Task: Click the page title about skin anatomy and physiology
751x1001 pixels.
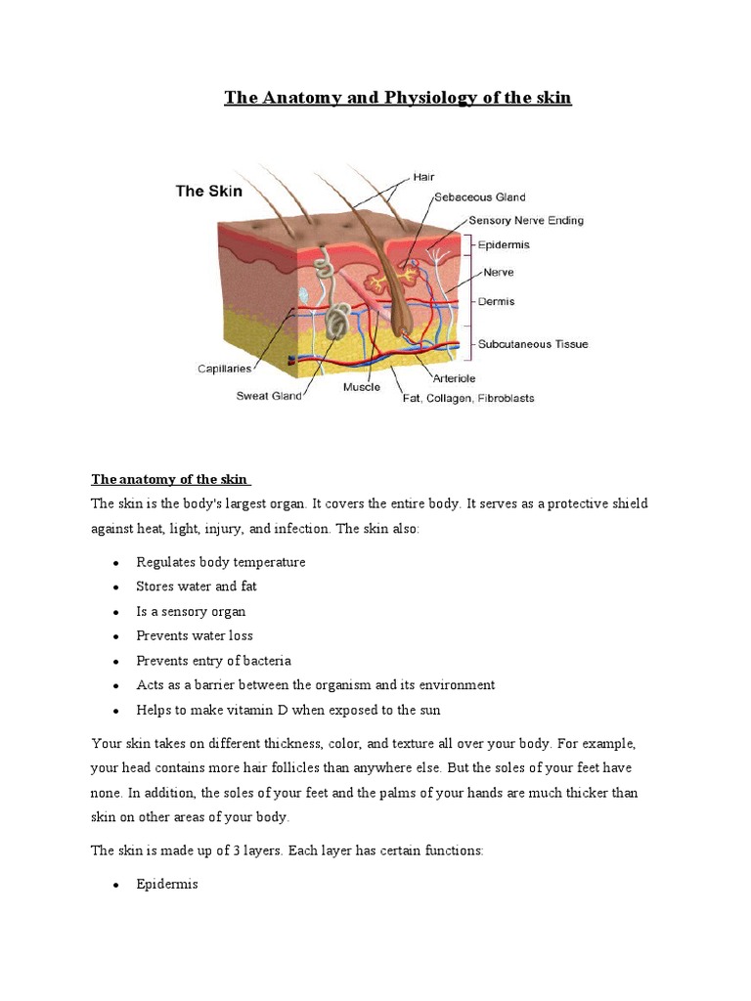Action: (x=397, y=98)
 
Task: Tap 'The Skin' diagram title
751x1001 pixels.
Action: (x=208, y=192)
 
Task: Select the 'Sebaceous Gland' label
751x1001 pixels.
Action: (x=479, y=197)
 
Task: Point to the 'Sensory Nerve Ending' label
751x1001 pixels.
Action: (x=526, y=221)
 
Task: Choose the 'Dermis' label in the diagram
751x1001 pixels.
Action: (x=497, y=302)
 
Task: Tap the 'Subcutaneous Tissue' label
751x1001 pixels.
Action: (x=532, y=344)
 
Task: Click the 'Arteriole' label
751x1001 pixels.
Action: (x=454, y=377)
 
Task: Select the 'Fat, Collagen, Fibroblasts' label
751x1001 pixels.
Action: (x=468, y=398)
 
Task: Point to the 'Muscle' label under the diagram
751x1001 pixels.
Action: (x=362, y=387)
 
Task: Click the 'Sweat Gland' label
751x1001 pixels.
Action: (x=269, y=396)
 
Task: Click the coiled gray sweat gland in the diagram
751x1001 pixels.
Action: (x=339, y=318)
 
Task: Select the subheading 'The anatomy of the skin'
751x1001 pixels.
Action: (x=169, y=479)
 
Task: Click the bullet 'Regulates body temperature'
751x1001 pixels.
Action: (x=221, y=562)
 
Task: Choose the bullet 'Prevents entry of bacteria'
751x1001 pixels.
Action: (x=214, y=661)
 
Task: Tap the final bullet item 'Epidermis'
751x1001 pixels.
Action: (x=167, y=884)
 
